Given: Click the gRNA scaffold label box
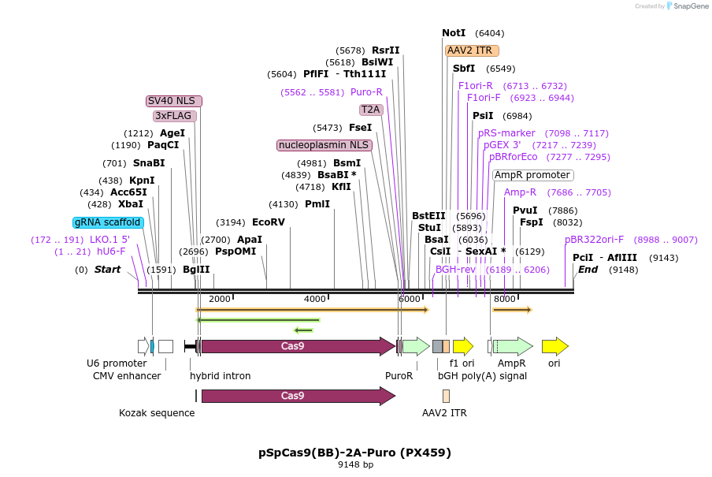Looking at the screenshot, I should [x=108, y=222].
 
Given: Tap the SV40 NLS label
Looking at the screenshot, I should [x=174, y=101].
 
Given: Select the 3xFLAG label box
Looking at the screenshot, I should [x=173, y=116].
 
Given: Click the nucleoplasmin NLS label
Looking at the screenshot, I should [x=324, y=145].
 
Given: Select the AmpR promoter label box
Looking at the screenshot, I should [x=532, y=175].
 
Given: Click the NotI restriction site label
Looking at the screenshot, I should [x=454, y=33].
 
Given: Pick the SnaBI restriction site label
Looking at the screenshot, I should [x=149, y=163].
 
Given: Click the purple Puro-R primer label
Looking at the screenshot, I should [x=366, y=92].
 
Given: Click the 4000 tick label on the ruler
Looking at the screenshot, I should [x=314, y=299].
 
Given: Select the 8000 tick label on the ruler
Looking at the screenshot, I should [x=504, y=299].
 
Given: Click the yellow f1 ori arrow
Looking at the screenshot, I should [x=462, y=346].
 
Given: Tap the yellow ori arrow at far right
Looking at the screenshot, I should [x=554, y=346].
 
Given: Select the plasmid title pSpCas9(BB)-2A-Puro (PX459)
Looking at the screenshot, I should [x=355, y=453].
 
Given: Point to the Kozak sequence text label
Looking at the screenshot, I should [x=157, y=412].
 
